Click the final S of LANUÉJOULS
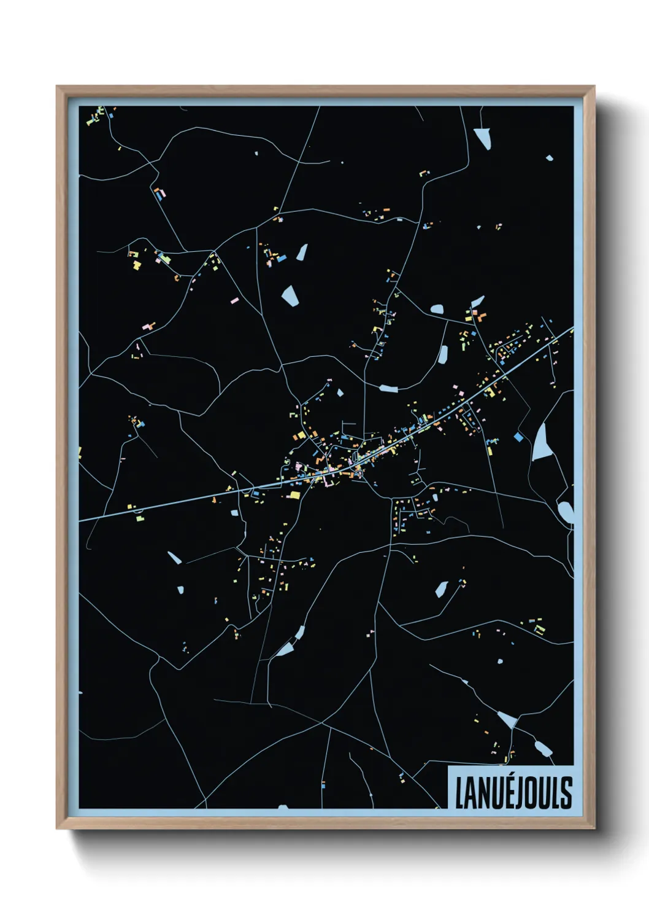[x=566, y=792]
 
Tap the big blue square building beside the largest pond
[x=518, y=437]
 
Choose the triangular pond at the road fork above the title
[x=507, y=719]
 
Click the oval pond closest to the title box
[x=543, y=749]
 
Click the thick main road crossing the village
[x=184, y=501]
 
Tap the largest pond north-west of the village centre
[x=290, y=295]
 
